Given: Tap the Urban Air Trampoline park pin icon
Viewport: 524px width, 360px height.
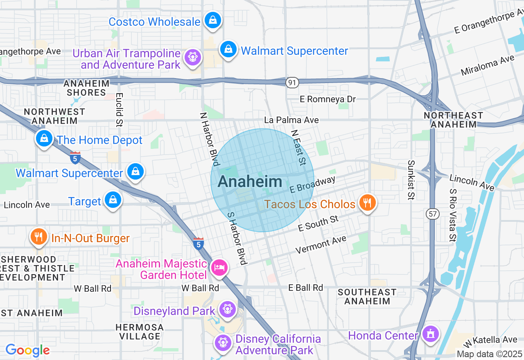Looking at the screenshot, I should [x=192, y=56].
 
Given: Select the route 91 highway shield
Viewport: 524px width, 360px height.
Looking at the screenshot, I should [x=292, y=83].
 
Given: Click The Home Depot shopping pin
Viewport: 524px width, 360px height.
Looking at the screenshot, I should [x=44, y=139].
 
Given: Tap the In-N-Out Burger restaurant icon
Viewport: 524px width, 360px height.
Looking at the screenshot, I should [x=38, y=237].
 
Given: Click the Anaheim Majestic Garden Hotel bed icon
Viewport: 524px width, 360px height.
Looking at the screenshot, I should [x=219, y=268].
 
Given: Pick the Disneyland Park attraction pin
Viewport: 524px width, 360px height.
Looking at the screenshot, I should [x=226, y=310].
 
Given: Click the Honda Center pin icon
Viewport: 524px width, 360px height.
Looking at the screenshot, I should [x=430, y=334].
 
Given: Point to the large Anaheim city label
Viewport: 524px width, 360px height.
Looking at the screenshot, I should [x=250, y=182].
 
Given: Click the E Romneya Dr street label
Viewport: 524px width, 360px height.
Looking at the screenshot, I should [x=327, y=99].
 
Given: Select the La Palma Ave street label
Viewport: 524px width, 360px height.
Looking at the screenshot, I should [x=291, y=120].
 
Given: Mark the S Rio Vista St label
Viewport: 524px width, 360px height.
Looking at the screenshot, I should [x=452, y=215].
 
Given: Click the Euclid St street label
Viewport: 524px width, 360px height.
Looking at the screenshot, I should [x=119, y=109].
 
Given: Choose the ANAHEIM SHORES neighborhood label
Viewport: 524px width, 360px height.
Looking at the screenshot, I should [x=86, y=88].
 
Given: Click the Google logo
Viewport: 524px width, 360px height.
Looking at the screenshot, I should [x=27, y=350].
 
